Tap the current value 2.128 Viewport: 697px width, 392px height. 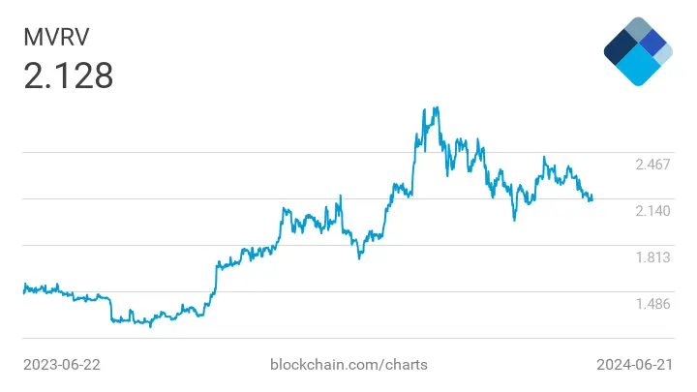(x=68, y=76)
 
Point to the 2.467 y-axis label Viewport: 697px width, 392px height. (x=652, y=165)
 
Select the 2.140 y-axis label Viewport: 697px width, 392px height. (x=652, y=211)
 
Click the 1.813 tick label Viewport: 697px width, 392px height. (x=652, y=257)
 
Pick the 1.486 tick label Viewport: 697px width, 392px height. (x=652, y=304)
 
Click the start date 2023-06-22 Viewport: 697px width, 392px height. (x=62, y=365)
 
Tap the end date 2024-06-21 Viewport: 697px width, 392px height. (x=634, y=365)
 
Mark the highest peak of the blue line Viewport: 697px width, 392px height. (x=437, y=107)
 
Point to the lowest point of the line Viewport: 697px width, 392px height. (x=150, y=325)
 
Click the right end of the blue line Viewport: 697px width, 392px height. (x=591, y=198)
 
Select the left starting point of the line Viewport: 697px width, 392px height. (x=24, y=286)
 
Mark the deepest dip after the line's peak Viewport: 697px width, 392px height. (x=514, y=220)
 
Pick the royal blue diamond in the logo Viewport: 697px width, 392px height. (x=653, y=42)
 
